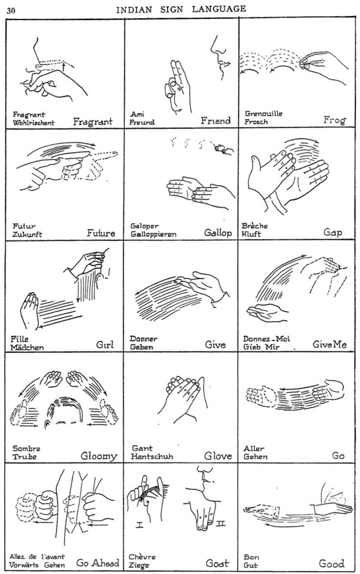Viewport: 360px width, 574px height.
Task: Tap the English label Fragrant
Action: (x=93, y=121)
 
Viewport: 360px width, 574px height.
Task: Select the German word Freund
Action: (x=142, y=122)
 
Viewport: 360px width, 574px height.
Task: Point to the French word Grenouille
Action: (x=264, y=114)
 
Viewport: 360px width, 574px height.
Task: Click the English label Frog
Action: (x=335, y=121)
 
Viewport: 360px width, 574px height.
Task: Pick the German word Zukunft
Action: (x=28, y=234)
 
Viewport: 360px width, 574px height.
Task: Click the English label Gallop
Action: (x=218, y=233)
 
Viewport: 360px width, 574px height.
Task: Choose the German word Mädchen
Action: (x=27, y=348)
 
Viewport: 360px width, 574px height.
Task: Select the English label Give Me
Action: (x=330, y=345)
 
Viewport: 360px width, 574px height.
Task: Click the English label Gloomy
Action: (x=99, y=457)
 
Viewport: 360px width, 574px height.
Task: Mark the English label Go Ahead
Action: (x=97, y=563)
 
